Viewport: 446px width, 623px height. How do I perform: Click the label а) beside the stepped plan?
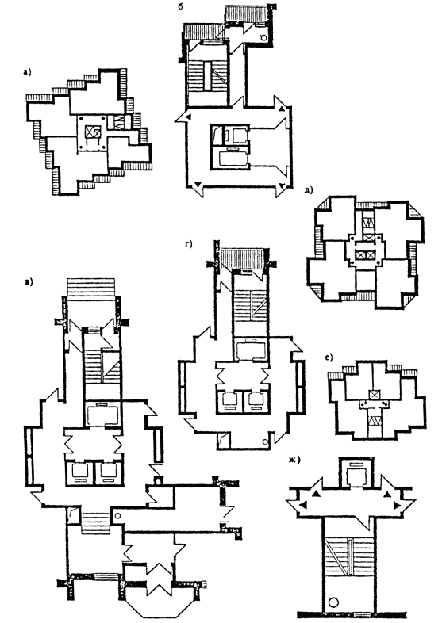(27, 72)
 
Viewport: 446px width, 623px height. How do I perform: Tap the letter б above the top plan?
(181, 6)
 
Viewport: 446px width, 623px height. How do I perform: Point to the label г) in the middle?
(188, 244)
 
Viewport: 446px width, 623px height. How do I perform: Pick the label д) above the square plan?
(309, 190)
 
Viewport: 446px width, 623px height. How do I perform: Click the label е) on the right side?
(329, 357)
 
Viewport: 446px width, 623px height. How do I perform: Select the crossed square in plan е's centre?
(374, 395)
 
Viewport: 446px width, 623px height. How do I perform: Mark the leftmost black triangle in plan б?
(189, 117)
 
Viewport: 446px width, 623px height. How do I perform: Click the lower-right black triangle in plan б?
(282, 185)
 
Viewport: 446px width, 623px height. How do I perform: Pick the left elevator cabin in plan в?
(79, 472)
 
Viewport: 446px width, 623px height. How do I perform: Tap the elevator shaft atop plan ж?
(356, 473)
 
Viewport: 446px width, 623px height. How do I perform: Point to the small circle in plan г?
(264, 441)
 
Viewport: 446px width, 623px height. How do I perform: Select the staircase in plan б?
(207, 75)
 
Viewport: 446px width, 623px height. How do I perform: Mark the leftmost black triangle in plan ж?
(304, 505)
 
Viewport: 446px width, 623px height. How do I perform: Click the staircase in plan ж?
(348, 557)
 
